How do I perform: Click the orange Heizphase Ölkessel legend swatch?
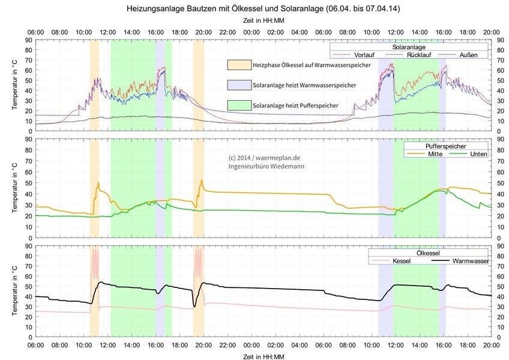(x=238, y=64)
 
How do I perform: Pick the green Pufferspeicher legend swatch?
(x=238, y=105)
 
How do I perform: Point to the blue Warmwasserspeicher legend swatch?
(x=238, y=85)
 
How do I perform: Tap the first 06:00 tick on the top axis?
(x=35, y=32)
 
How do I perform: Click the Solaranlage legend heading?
(x=409, y=46)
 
